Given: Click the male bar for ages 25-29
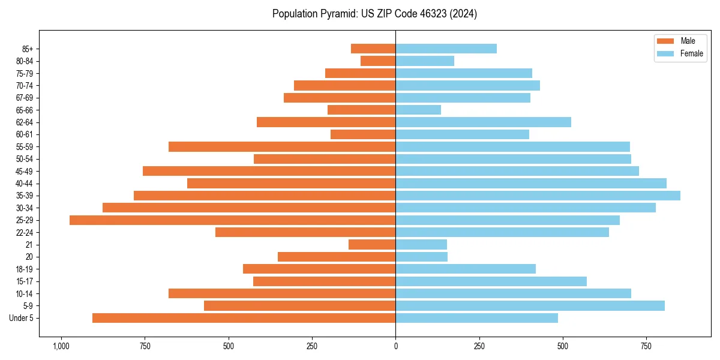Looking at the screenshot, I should (232, 220).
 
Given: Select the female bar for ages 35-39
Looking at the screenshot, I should (538, 196).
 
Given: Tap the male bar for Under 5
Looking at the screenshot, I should (244, 318).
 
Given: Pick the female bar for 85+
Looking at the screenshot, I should (446, 49).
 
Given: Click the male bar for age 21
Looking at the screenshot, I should (372, 245).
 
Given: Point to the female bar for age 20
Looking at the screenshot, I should (421, 257).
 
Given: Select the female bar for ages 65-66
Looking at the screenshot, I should (418, 110).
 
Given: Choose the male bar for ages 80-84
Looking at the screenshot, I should (378, 61).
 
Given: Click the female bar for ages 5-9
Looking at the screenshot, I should (530, 306).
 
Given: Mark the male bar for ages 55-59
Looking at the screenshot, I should (282, 147).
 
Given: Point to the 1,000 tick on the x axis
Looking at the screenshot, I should (61, 346).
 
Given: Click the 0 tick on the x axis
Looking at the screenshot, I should (395, 346).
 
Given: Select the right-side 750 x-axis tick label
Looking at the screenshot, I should (646, 346).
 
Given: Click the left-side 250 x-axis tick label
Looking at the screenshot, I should (311, 346).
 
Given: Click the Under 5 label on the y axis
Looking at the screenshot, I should (22, 318).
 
